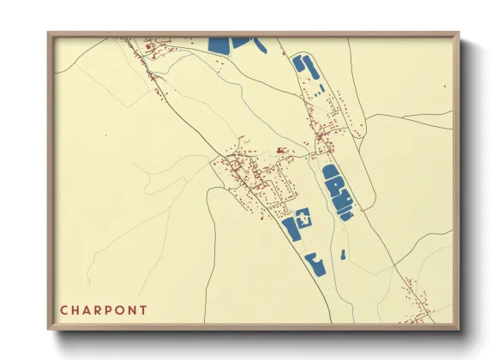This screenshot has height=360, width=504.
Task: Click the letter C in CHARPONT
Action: pos(64,310)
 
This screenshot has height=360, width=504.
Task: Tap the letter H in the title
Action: pos(77,310)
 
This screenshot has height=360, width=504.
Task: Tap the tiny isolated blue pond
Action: pos(342,255)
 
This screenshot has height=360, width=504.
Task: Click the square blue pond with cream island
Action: pos(303,217)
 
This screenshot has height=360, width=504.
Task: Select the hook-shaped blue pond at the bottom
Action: pos(315,265)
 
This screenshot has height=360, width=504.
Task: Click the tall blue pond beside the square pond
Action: pos(289,230)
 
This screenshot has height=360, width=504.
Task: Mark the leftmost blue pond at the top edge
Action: pos(219,45)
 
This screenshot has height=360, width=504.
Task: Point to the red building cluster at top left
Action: pos(147,53)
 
